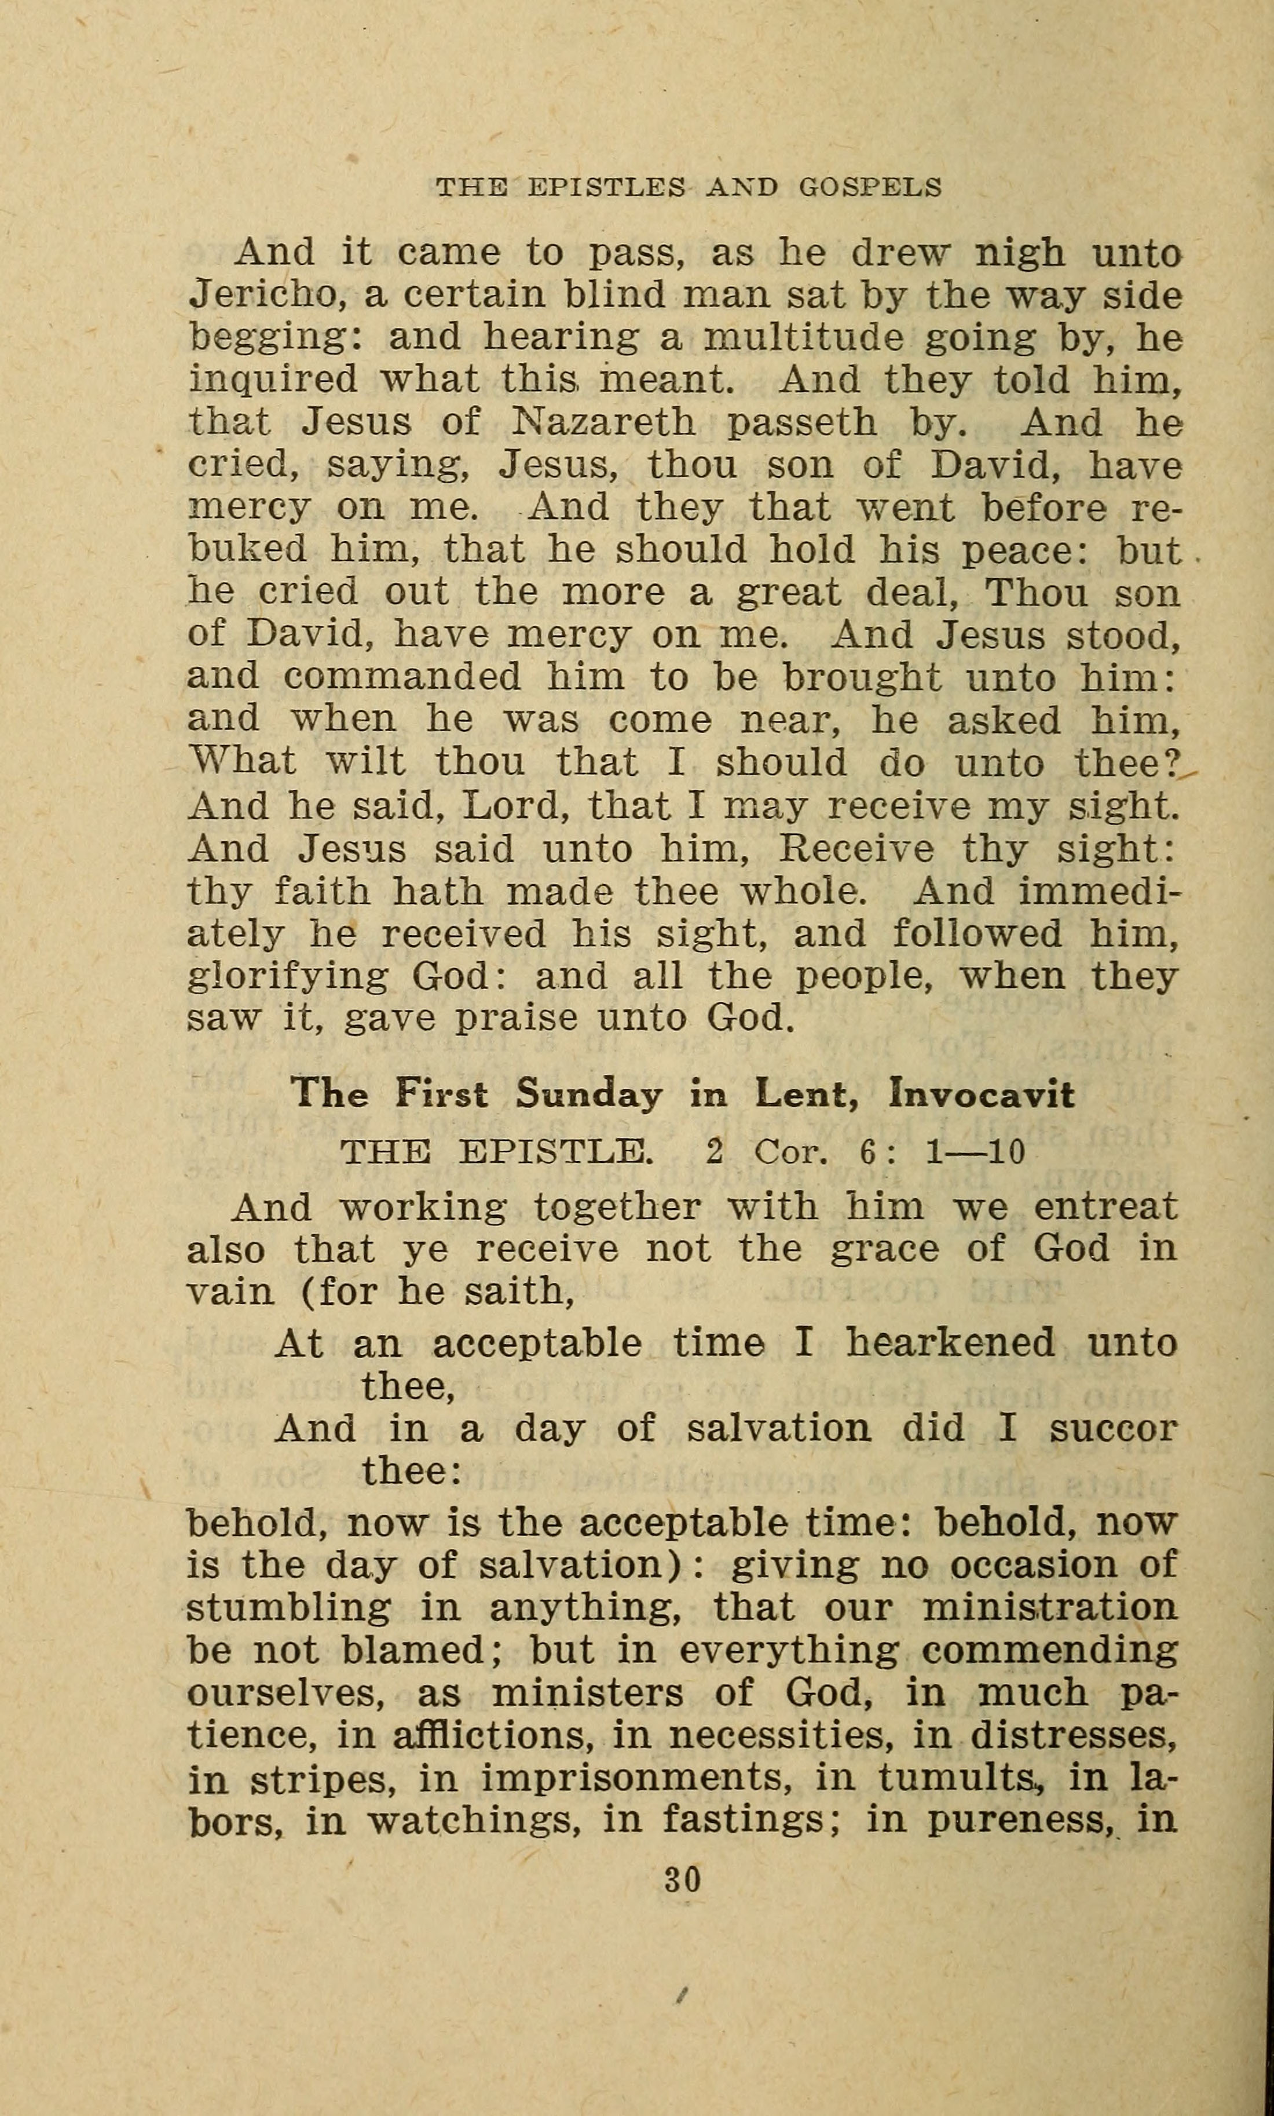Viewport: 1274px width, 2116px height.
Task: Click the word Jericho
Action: coord(267,295)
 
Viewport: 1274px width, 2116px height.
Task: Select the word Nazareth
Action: coord(603,422)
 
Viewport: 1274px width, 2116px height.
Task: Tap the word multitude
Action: coord(803,337)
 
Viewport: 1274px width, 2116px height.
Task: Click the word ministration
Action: coord(1049,1607)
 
